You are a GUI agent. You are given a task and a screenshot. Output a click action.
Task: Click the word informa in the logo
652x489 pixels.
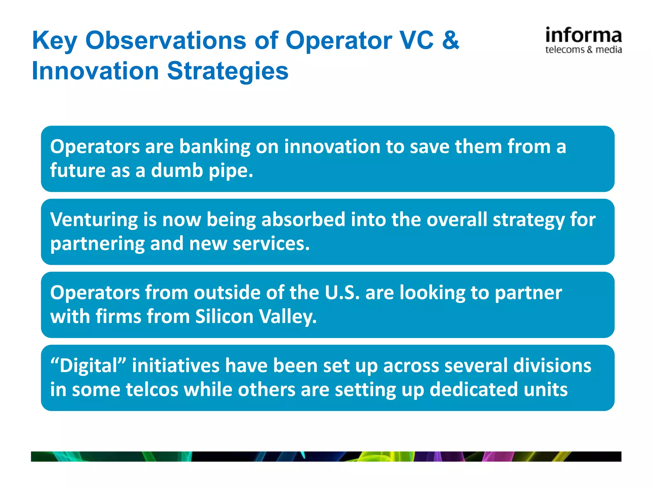click(x=583, y=36)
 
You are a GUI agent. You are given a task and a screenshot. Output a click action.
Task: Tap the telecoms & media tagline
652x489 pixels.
click(x=583, y=50)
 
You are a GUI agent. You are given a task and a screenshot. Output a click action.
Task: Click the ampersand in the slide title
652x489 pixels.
click(x=450, y=40)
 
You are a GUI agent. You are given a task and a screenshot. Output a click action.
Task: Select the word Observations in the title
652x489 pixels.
click(x=166, y=40)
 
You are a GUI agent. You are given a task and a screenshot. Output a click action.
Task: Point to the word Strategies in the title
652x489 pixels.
click(x=228, y=71)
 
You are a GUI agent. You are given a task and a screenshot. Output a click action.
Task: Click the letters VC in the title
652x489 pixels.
click(x=417, y=40)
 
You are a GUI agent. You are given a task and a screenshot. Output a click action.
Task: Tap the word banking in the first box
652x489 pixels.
click(x=215, y=147)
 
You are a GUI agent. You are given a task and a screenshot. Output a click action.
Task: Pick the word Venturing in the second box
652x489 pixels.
click(x=94, y=220)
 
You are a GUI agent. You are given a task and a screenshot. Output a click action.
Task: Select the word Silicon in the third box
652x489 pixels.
click(x=224, y=317)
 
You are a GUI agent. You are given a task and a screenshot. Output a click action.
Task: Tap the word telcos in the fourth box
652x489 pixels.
click(x=152, y=390)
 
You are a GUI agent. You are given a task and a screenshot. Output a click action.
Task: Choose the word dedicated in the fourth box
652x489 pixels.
click(x=474, y=390)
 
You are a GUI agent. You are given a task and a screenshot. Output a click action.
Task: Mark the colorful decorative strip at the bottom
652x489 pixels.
click(x=326, y=456)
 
